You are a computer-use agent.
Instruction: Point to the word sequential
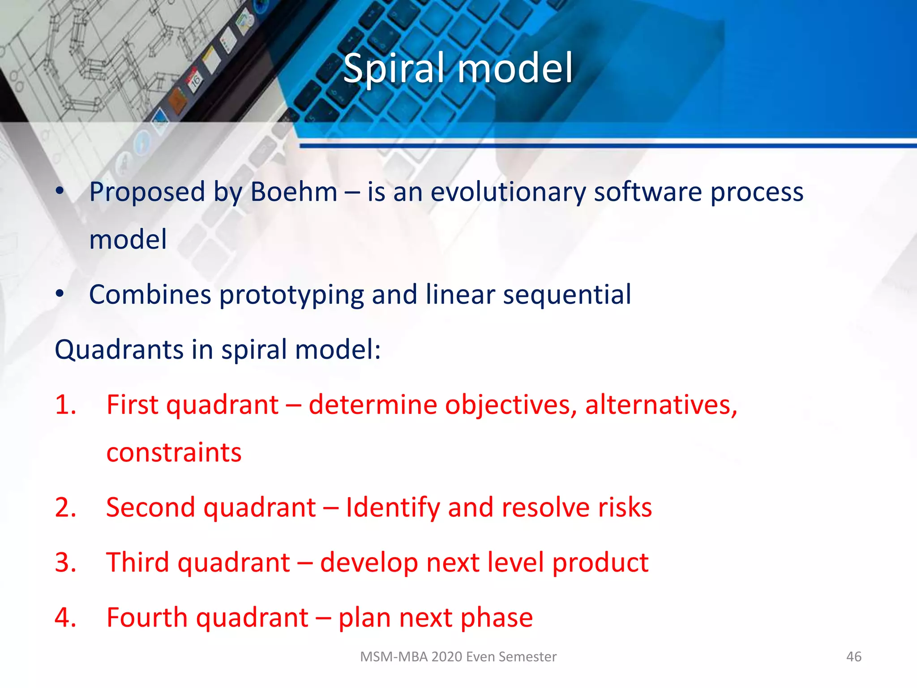(x=567, y=296)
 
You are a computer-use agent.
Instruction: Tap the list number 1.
(x=65, y=405)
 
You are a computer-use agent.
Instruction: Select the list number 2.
(x=65, y=507)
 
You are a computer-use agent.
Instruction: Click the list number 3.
(x=65, y=563)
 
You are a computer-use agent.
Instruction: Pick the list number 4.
(x=65, y=618)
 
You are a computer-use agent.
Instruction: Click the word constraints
(x=174, y=452)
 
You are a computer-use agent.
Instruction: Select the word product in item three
(x=600, y=563)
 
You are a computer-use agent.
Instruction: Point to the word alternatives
(x=661, y=405)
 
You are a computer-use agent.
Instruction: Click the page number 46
(x=853, y=657)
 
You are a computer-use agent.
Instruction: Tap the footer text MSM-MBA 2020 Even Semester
(x=458, y=657)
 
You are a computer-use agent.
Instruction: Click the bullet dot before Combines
(x=60, y=295)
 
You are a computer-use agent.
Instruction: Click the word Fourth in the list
(x=147, y=618)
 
